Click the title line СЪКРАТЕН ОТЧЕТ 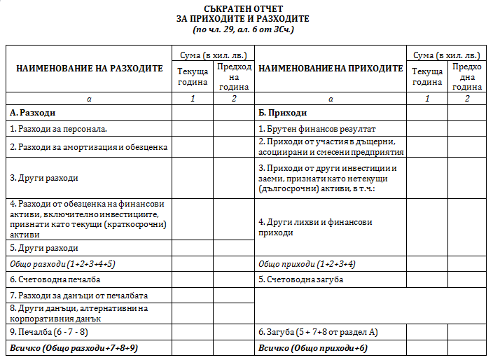coord(243,9)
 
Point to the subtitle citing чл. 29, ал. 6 coord(243,30)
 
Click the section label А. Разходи coord(33,113)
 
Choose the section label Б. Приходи coord(283,113)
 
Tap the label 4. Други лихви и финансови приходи coord(315,227)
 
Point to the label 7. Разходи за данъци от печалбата coord(79,296)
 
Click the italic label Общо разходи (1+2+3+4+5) coord(62,263)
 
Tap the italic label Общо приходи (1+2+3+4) coord(307,263)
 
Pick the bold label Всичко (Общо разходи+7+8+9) coord(74,348)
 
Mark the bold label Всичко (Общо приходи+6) coord(313,348)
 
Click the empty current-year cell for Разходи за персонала coord(192,129)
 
